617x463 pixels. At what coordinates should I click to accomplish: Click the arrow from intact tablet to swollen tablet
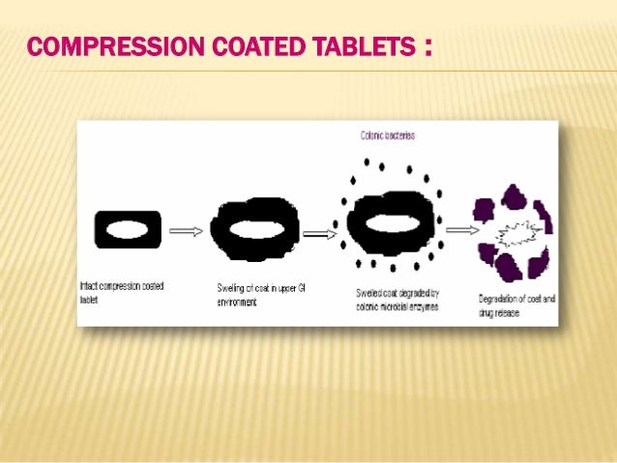186,232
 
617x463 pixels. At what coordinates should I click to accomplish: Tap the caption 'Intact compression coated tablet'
121,293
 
